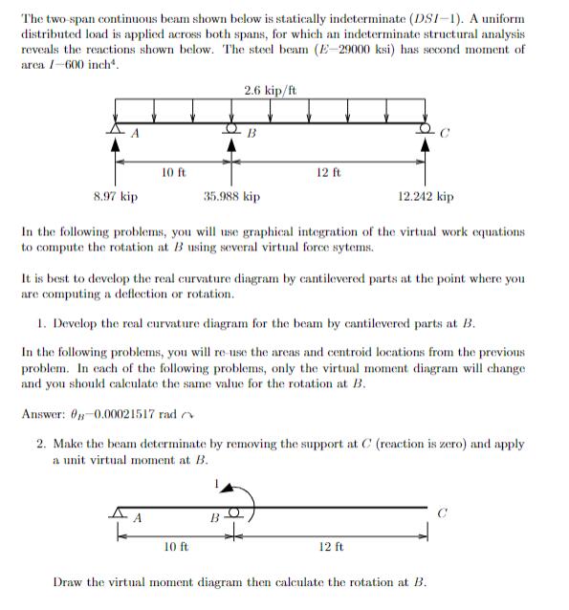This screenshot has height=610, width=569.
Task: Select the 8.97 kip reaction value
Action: point(115,197)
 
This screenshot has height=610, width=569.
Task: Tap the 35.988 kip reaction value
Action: point(231,197)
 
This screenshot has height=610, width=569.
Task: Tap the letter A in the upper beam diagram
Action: point(136,134)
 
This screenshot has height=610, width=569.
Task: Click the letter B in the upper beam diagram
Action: point(252,134)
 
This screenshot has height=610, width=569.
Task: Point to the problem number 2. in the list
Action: point(42,444)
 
